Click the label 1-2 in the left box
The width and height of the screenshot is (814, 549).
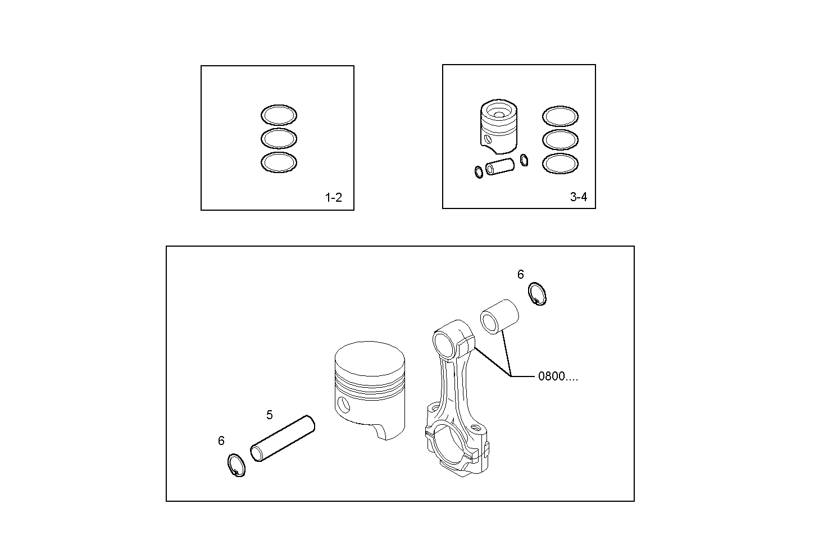[333, 198]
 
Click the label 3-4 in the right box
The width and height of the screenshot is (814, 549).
[578, 197]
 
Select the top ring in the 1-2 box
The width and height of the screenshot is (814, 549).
[279, 115]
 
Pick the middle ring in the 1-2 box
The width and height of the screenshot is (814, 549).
[279, 138]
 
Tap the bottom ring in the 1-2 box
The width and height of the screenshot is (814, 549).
[279, 162]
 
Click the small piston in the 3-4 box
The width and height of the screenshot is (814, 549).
[498, 127]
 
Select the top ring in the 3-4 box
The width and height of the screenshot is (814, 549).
[560, 116]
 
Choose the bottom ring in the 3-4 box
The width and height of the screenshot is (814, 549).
[560, 164]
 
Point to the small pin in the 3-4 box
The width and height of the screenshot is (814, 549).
[500, 167]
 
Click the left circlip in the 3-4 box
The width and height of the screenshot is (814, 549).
[478, 172]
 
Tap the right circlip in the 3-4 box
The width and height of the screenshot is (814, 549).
[524, 160]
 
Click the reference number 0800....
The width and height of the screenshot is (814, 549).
[557, 376]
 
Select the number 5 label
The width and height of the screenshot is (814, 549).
[270, 415]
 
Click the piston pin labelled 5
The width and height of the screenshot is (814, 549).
[283, 439]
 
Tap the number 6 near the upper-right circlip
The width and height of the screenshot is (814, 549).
[520, 274]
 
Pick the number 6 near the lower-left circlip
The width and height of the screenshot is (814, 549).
[221, 441]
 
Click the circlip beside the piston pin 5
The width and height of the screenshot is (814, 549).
[237, 465]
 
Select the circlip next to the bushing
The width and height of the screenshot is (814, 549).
[538, 294]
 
